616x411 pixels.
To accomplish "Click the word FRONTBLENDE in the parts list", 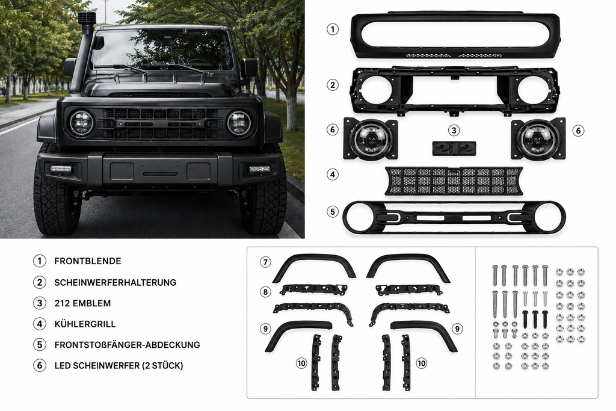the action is tap(88, 261).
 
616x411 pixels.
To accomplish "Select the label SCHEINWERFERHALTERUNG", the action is tap(115, 282).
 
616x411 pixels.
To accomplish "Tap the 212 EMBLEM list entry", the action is tap(82, 303).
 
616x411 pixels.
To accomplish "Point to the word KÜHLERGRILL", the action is tap(85, 324).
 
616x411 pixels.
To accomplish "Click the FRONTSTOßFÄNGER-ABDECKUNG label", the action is tap(128, 345).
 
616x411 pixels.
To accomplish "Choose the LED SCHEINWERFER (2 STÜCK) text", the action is tap(119, 366).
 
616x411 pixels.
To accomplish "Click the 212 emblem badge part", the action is tap(455, 149).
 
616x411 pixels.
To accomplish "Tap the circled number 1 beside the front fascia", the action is tap(333, 29).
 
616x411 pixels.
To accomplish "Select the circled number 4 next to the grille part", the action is tap(333, 175).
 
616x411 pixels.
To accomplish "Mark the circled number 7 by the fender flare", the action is tap(265, 262).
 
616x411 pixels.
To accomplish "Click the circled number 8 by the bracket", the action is tap(265, 292).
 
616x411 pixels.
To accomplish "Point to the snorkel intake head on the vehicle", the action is tap(84, 18).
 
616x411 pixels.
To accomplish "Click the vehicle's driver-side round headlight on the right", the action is tap(239, 123).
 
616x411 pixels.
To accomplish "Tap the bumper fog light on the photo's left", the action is tap(61, 169).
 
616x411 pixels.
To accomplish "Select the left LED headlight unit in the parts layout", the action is tap(371, 139).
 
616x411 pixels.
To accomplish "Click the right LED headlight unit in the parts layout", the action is tap(538, 139).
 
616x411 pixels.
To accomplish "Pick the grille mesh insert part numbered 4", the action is tap(454, 181).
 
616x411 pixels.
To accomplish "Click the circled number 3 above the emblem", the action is tap(454, 131).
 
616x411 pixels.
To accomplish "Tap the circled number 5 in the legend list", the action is tap(39, 345).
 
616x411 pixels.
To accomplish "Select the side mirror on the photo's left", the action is tap(70, 67).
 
